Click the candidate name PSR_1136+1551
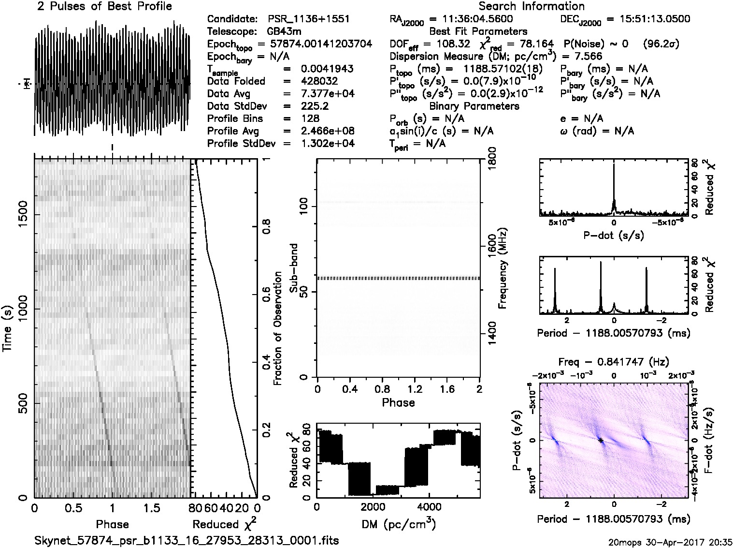coord(308,19)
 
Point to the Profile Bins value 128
coord(310,118)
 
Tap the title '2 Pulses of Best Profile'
coord(104,6)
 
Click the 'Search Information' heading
coord(532,6)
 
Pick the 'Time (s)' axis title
coord(7,328)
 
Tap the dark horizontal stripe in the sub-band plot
coord(398,279)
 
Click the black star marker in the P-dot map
coord(601,441)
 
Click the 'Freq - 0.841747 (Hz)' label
coord(614,362)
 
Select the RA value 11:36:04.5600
coord(471,19)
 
